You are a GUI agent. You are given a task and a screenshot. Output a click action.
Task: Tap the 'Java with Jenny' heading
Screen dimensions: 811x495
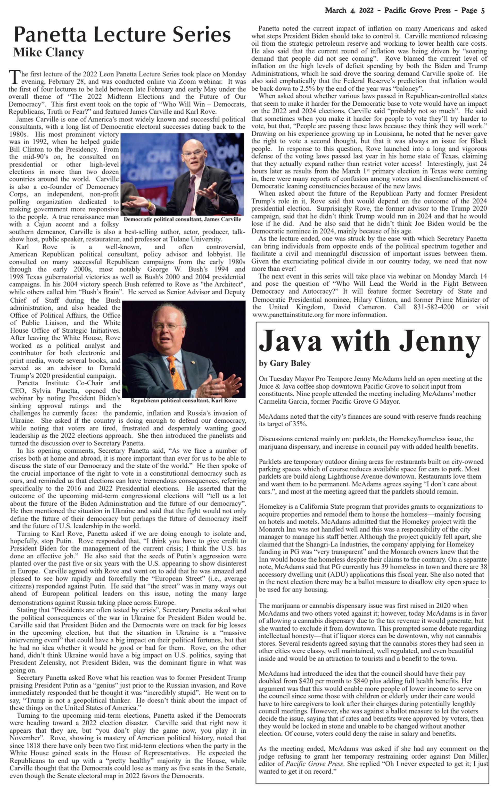pos(369,341)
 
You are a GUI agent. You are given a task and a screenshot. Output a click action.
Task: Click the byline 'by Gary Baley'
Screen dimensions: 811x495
pos(284,363)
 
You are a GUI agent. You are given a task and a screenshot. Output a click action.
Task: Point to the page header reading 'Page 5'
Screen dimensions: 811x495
pos(473,10)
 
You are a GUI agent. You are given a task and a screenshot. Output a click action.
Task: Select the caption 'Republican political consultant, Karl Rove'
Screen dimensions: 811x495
pos(183,401)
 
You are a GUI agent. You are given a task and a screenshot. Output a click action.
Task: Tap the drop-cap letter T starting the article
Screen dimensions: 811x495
pos(14,77)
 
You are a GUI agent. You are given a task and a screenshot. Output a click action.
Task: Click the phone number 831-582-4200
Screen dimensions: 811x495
pos(434,307)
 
